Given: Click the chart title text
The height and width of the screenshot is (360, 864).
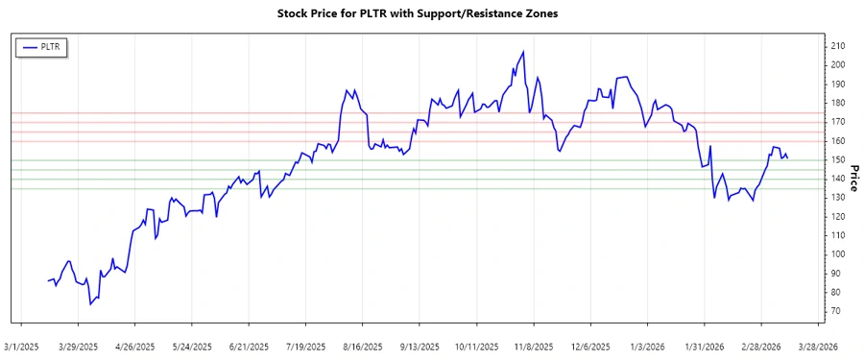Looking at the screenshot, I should click(x=417, y=13).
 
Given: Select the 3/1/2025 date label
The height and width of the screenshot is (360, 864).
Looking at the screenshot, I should click(x=22, y=347).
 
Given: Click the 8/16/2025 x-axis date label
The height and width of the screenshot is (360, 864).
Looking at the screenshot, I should click(x=363, y=347).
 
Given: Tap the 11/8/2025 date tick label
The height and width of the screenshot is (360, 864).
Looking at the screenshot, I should click(x=534, y=347).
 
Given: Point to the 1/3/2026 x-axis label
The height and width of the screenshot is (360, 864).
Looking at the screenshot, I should click(x=647, y=347).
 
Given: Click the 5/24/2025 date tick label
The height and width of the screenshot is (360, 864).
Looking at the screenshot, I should click(x=193, y=347).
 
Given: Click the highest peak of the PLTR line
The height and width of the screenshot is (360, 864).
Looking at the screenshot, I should click(x=523, y=52).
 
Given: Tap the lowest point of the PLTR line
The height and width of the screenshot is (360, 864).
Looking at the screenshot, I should click(x=90, y=304).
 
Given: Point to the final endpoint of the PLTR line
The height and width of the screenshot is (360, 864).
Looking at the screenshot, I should click(x=788, y=158).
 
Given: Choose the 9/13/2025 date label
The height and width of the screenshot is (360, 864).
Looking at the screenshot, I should click(x=420, y=347).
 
